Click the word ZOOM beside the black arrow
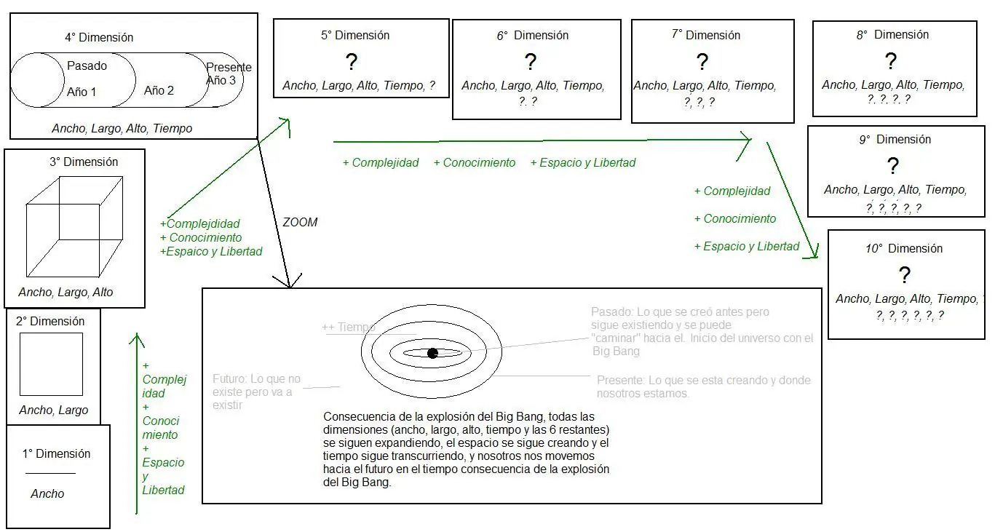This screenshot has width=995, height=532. (x=300, y=222)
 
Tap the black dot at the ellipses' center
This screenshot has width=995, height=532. (x=432, y=353)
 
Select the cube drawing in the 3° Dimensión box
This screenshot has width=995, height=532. (x=74, y=226)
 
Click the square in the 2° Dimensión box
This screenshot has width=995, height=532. (x=51, y=364)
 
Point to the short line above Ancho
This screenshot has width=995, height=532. (x=50, y=474)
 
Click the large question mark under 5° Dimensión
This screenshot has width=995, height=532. (x=352, y=62)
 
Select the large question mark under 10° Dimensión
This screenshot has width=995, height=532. (x=904, y=275)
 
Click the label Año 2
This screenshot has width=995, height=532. (x=159, y=90)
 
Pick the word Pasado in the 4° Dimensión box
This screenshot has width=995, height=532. (x=87, y=65)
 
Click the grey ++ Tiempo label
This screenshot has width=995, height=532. (x=349, y=327)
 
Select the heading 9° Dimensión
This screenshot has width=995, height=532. (x=895, y=139)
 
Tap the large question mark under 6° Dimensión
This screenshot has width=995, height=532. (x=531, y=62)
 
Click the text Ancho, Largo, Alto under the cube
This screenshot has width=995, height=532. (x=66, y=292)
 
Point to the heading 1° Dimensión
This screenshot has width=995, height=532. (x=56, y=453)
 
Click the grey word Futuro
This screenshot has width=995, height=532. (x=229, y=378)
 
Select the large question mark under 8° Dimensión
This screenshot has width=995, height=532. (x=890, y=61)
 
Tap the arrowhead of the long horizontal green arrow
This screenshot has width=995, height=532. (x=745, y=140)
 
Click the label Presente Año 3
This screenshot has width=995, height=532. (x=228, y=74)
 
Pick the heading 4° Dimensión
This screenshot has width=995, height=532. (x=99, y=37)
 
